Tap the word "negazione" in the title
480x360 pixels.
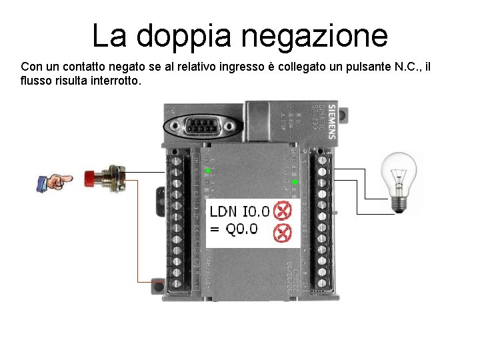click(314, 37)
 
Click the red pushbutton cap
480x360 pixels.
click(89, 178)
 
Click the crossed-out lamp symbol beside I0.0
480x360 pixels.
click(283, 211)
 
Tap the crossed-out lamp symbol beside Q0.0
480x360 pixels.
click(283, 233)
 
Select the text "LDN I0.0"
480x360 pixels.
click(239, 212)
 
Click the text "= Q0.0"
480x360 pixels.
click(234, 229)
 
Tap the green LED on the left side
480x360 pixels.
click(207, 172)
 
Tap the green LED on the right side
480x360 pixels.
click(295, 181)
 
